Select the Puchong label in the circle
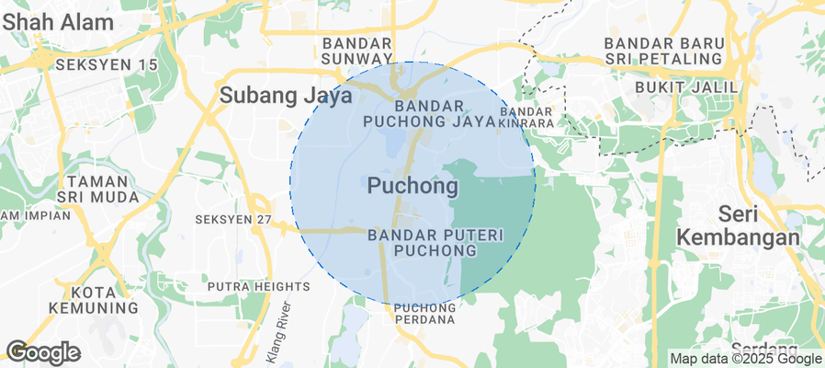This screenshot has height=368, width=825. (412, 186)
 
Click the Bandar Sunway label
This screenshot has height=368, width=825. (357, 52)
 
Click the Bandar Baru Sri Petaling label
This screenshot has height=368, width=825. (663, 52)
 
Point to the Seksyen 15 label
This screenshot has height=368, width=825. (107, 65)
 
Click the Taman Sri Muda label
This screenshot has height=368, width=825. (102, 190)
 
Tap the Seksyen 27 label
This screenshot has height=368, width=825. (233, 220)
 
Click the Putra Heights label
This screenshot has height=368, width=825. (259, 287)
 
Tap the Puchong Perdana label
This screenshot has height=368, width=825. (424, 314)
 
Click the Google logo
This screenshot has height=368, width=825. (42, 352)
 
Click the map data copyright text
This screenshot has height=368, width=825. (745, 359)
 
